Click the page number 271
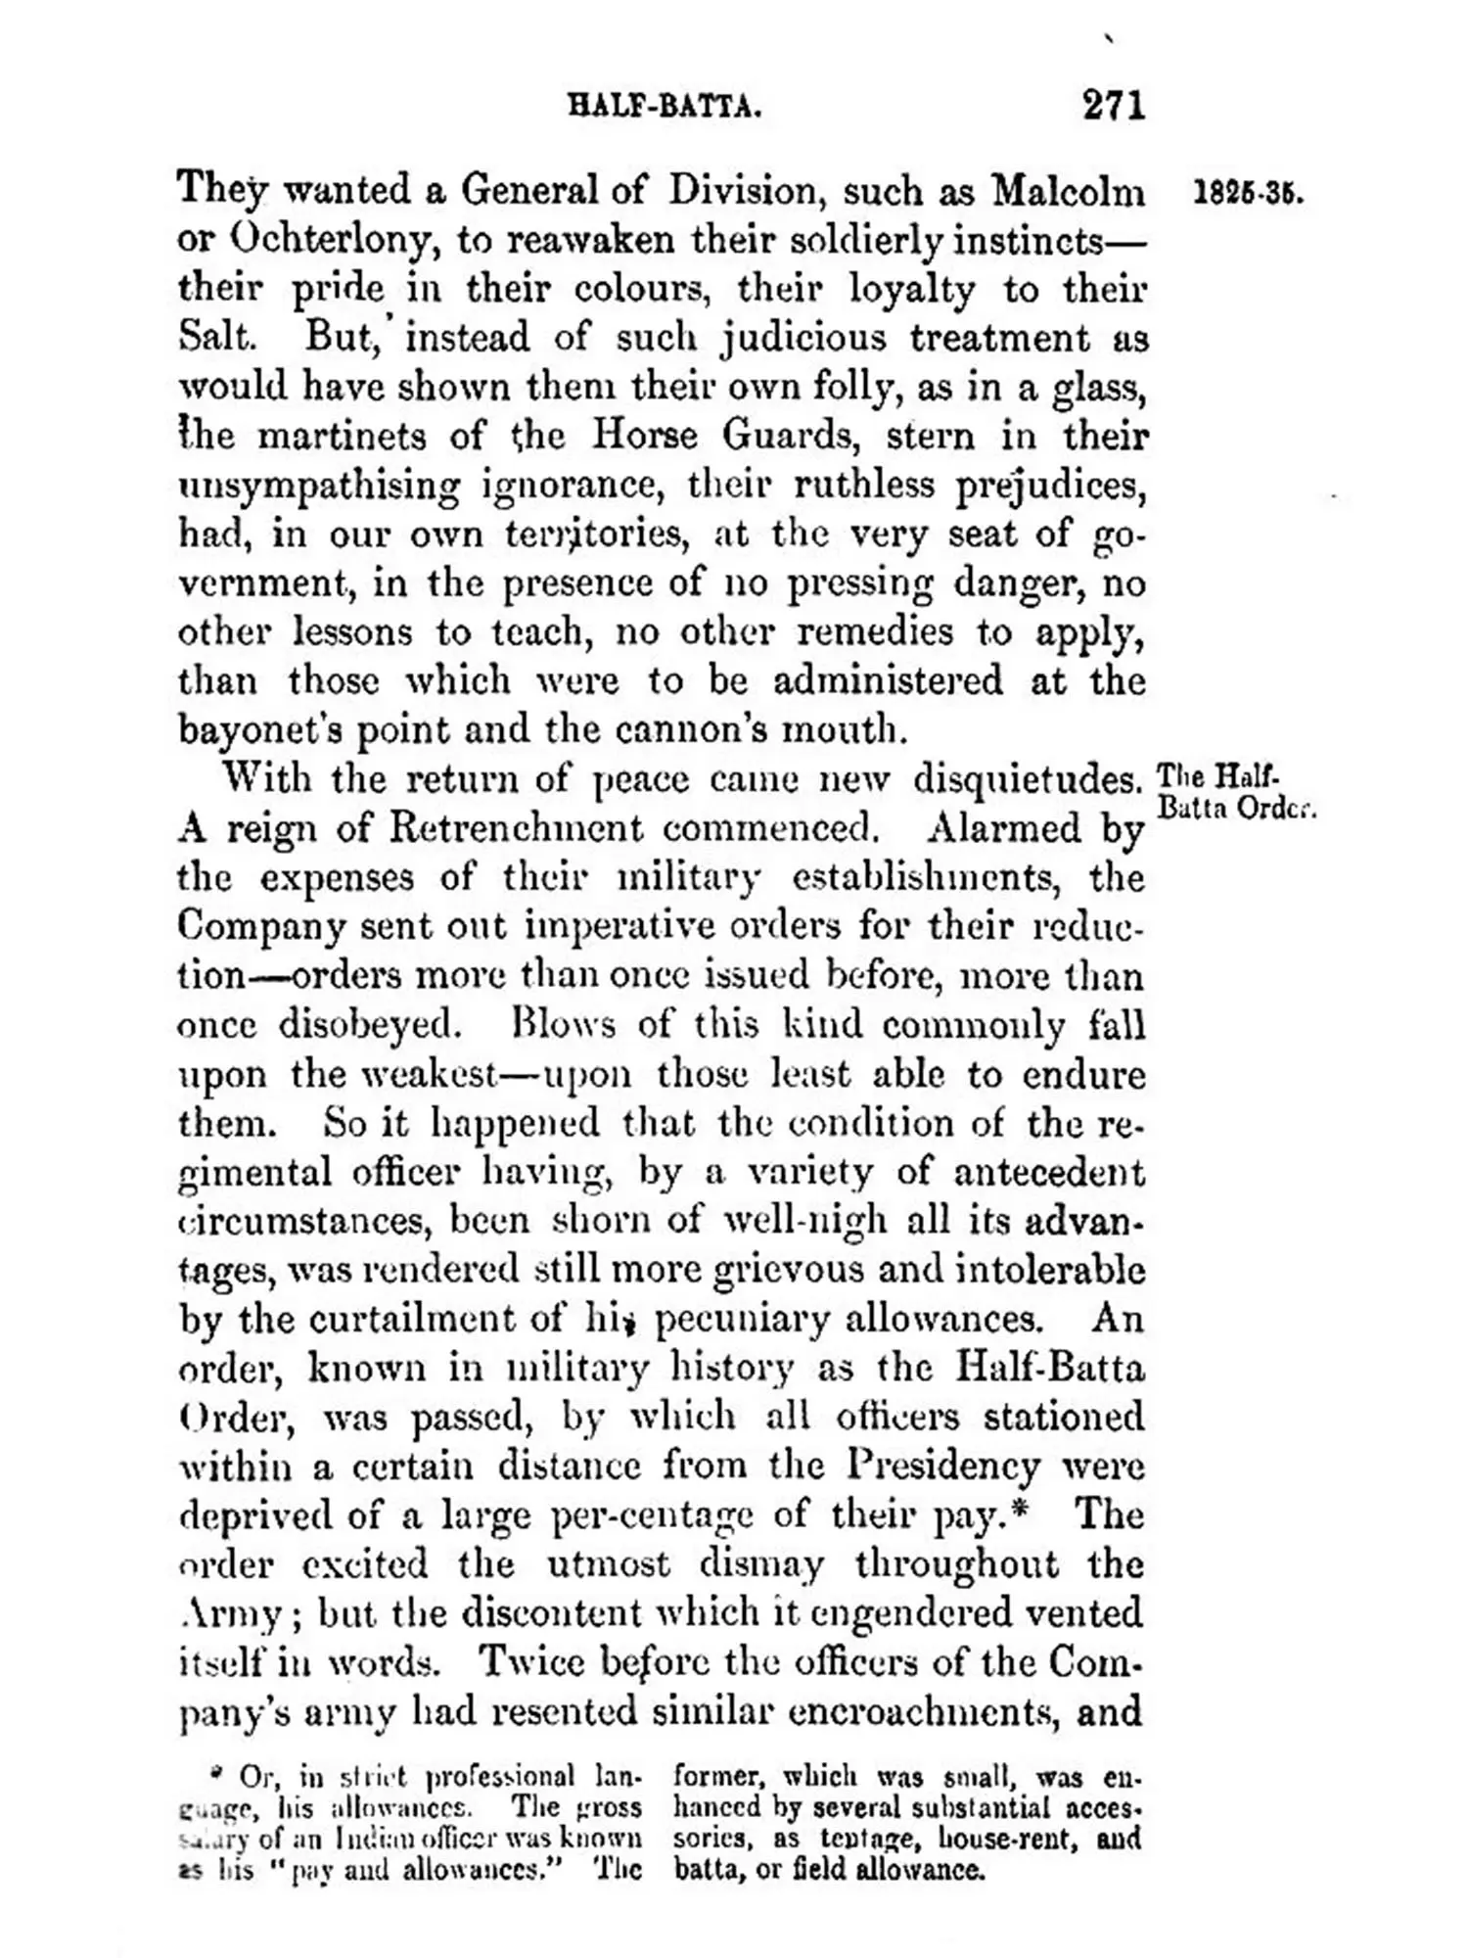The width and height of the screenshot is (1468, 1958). coord(1113,104)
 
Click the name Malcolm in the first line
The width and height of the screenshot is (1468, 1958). coord(1068,190)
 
